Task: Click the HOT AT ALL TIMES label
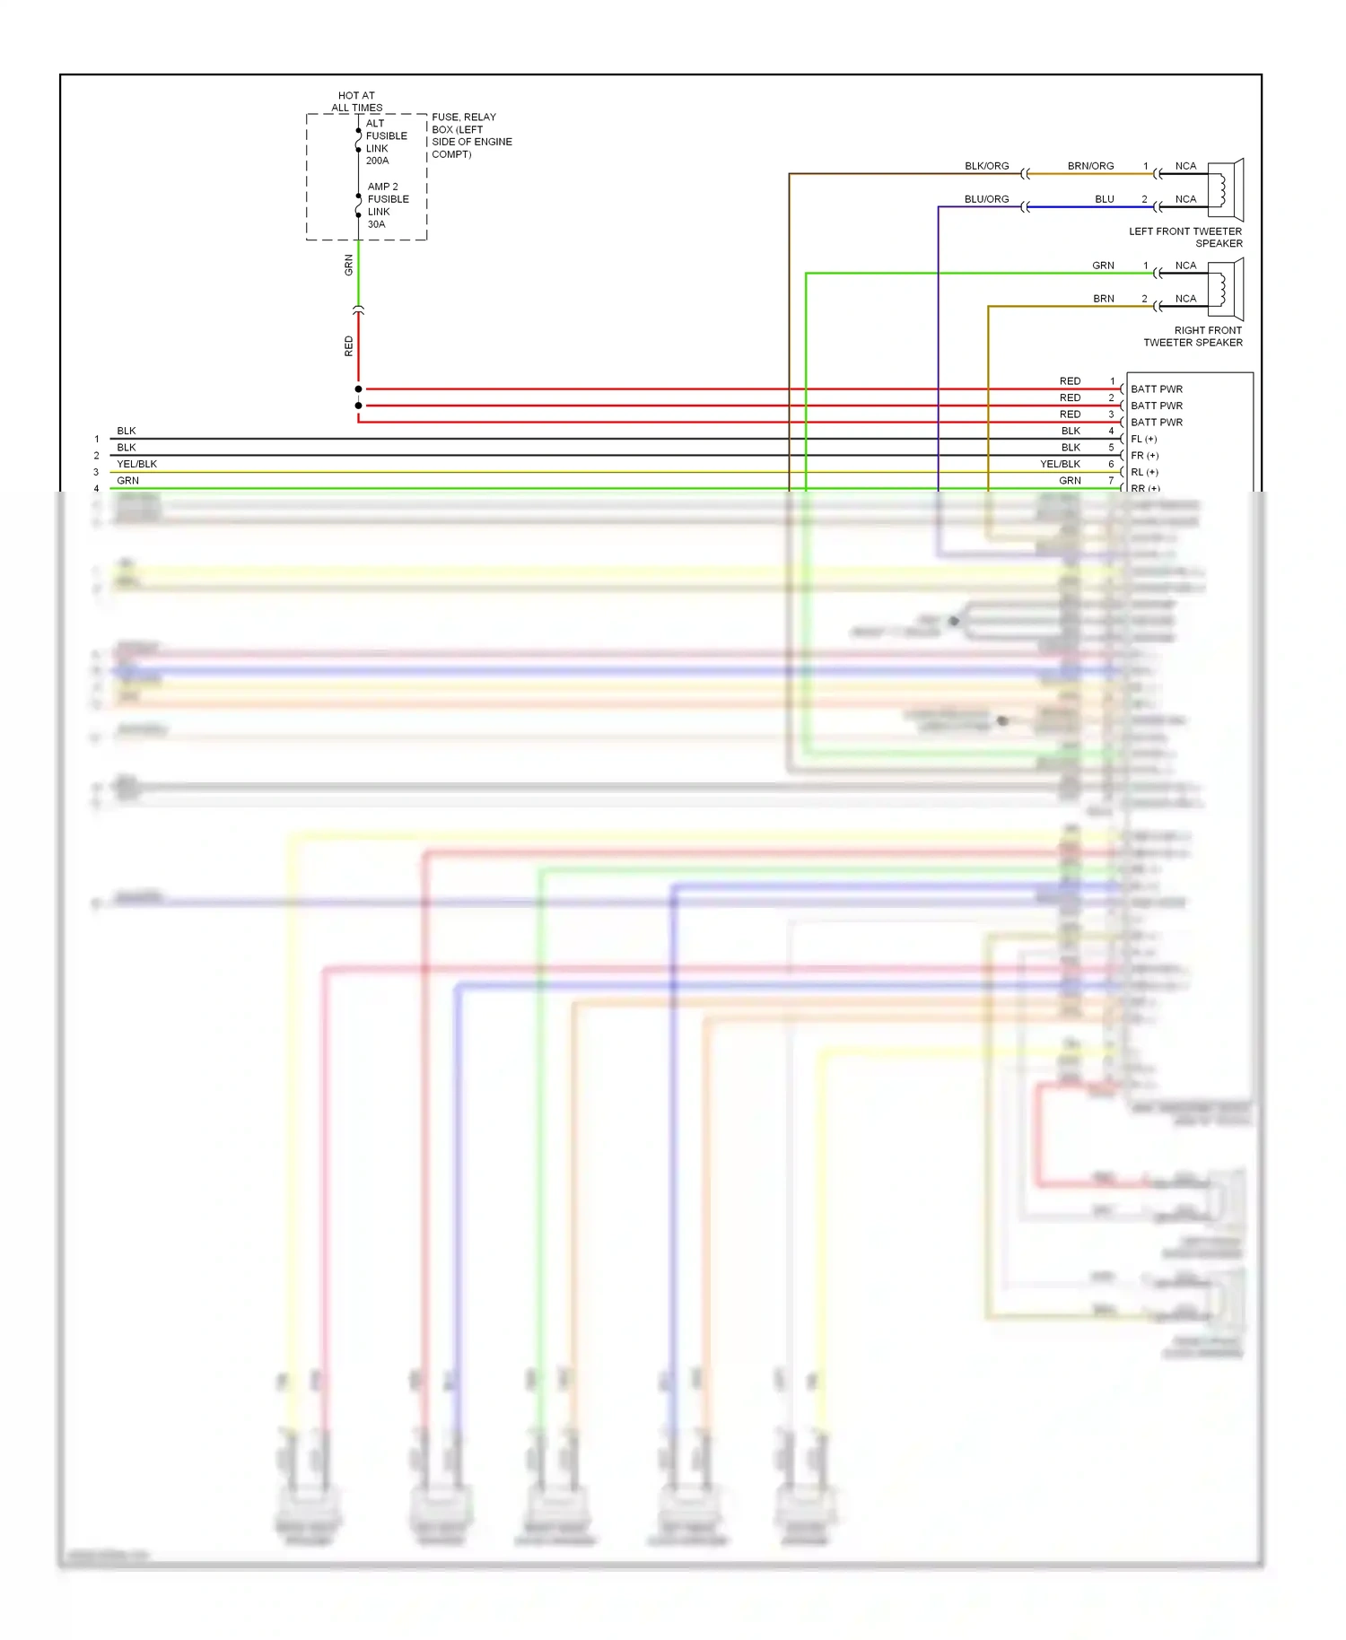coord(356,101)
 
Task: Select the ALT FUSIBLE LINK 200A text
coord(385,142)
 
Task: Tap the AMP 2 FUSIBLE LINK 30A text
coord(387,205)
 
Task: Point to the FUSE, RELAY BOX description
coord(471,135)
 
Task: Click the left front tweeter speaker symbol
coord(1225,189)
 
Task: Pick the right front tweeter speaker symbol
coord(1225,289)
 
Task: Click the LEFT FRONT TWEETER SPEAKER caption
coord(1185,237)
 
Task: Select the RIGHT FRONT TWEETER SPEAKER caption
coord(1193,336)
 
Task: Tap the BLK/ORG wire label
coord(986,166)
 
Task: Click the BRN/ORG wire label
coord(1090,166)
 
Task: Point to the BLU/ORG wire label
coord(986,199)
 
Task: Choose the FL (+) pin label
coord(1143,439)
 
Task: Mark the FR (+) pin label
coord(1144,456)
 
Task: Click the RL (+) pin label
coord(1144,472)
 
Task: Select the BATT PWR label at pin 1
coord(1156,389)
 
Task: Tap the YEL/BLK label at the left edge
coord(136,464)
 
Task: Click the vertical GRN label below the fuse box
coord(349,265)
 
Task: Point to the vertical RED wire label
coord(349,346)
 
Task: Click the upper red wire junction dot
coord(358,389)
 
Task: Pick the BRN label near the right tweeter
coord(1103,299)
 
